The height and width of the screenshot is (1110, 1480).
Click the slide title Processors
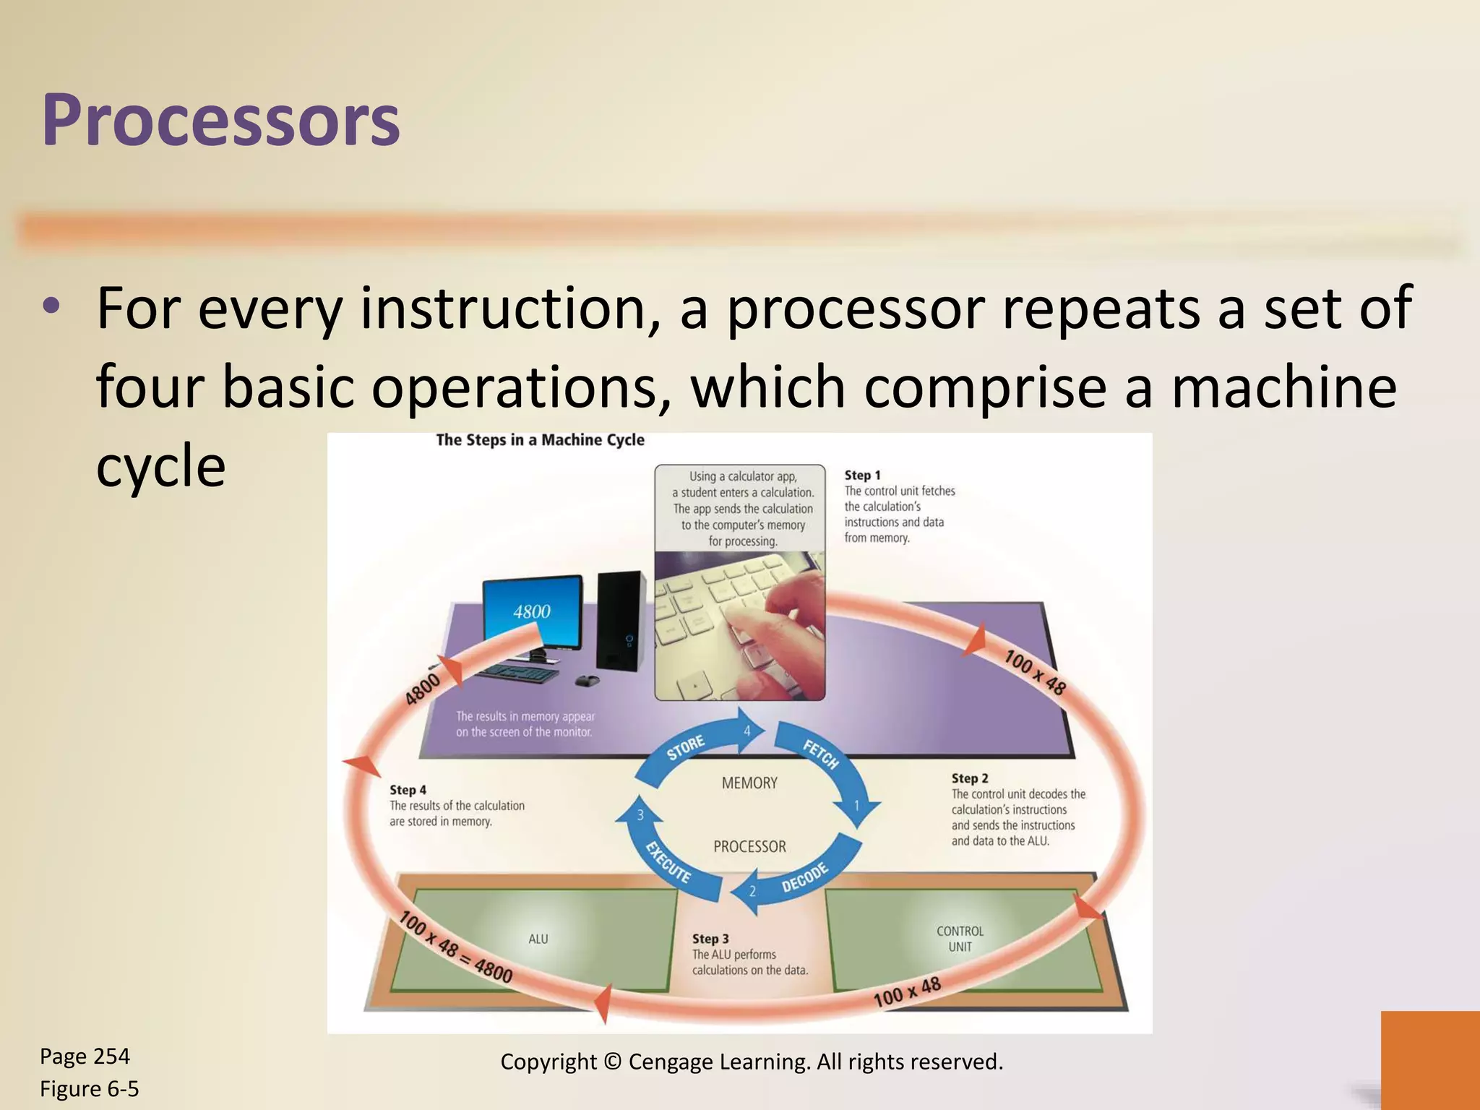point(220,120)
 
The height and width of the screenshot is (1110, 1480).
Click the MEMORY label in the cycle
point(749,783)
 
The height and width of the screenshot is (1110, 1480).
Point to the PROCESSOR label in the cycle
point(749,846)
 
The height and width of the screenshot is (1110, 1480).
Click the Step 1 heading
point(862,475)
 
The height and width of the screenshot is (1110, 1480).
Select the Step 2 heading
point(969,778)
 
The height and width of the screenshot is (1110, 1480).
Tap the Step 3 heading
point(710,939)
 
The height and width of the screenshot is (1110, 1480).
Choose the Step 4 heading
point(408,790)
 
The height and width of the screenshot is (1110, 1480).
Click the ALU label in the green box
point(538,939)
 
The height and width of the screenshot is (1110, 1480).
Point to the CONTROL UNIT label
point(960,939)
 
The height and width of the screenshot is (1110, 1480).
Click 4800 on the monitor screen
point(532,611)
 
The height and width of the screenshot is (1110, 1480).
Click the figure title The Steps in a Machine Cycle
point(540,440)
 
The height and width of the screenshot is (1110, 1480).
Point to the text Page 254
point(85,1057)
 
